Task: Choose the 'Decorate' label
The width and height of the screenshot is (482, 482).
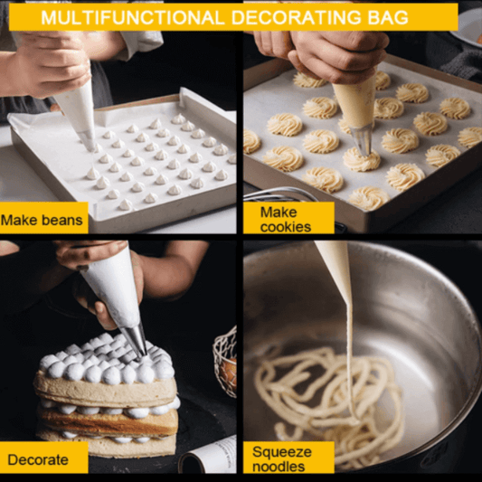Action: tap(38, 459)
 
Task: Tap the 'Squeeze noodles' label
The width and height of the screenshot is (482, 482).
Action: tap(282, 458)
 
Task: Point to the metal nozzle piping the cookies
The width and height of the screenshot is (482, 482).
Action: tap(363, 137)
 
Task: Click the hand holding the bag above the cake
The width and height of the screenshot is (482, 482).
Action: tap(90, 267)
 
